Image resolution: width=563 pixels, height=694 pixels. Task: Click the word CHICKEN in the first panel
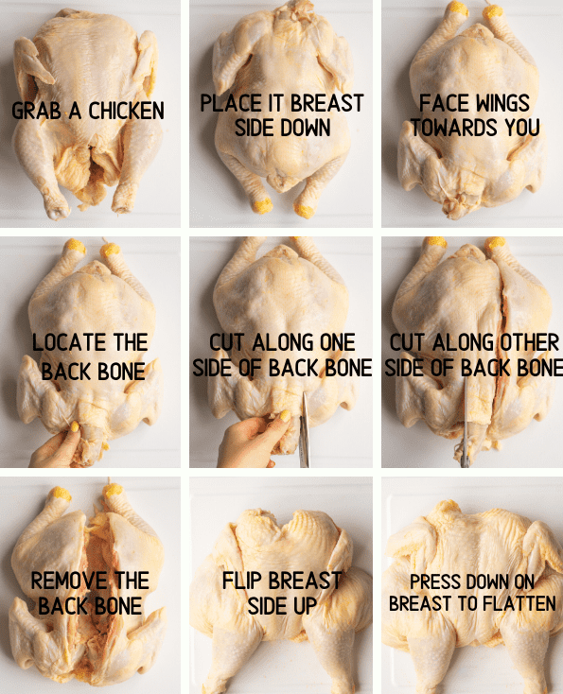tap(126, 111)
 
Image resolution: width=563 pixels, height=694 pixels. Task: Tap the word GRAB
tap(36, 111)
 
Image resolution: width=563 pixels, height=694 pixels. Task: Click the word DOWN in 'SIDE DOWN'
tap(306, 128)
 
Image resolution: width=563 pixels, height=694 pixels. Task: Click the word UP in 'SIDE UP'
tap(306, 606)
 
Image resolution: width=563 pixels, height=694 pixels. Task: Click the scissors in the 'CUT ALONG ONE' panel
tap(304, 429)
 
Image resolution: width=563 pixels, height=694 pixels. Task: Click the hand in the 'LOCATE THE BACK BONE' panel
tap(57, 447)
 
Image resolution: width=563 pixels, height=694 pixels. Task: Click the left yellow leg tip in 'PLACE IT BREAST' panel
tap(262, 206)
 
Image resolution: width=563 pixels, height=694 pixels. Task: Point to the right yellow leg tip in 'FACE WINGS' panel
tap(493, 11)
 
